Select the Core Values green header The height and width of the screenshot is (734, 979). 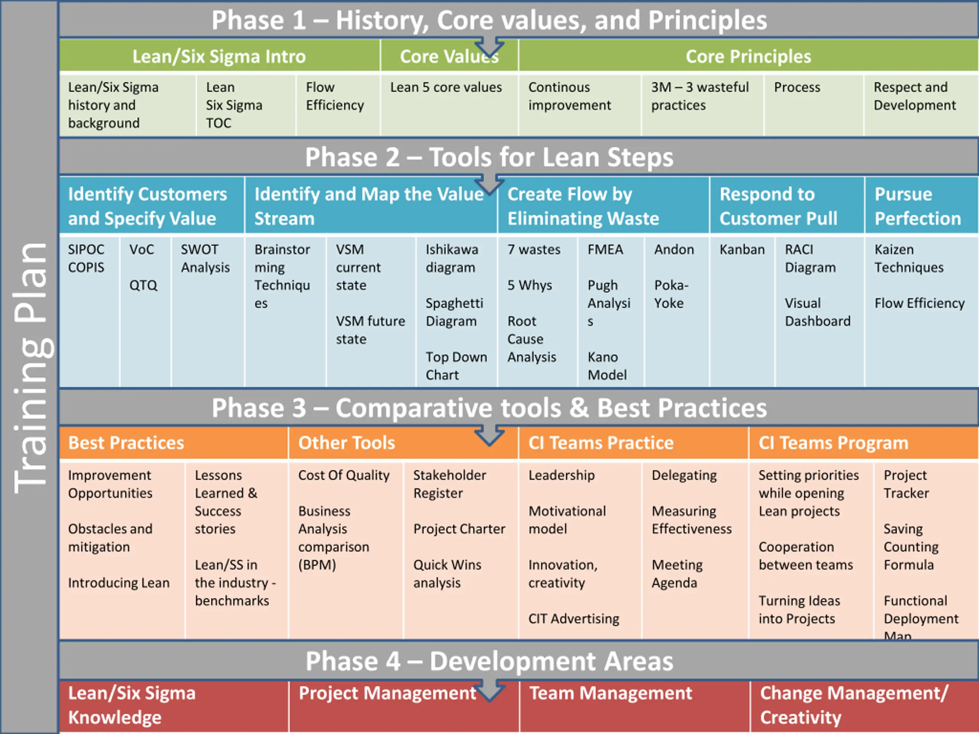pos(449,56)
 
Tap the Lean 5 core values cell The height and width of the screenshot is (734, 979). pos(446,87)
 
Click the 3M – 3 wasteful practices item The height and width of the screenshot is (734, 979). pos(700,96)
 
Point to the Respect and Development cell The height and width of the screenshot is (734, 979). pos(915,96)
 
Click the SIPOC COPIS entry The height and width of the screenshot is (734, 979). pos(86,258)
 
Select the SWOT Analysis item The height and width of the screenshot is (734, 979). pos(205,258)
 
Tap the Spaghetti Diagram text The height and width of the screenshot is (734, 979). pos(454,312)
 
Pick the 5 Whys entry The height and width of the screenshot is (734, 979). pos(529,285)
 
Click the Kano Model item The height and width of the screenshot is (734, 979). pos(607,366)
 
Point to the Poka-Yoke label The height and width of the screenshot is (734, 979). pos(671,294)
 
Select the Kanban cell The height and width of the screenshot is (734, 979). pos(742,250)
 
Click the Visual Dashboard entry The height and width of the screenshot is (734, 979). pos(818,312)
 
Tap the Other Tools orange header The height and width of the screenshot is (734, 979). pos(346,443)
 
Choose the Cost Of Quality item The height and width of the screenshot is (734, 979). pos(343,475)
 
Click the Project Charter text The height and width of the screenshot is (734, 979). pos(459,529)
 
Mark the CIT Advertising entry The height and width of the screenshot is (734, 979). pos(574,619)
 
